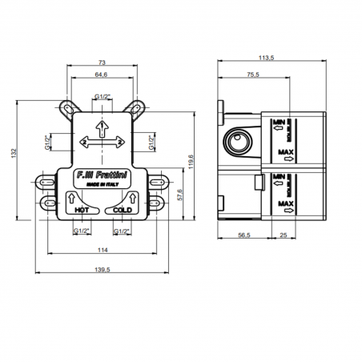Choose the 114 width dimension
click(103, 251)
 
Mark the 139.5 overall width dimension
click(103, 269)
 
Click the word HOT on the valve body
click(80, 211)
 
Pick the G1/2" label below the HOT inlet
click(81, 231)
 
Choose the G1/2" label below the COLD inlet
click(122, 231)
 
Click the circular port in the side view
click(238, 144)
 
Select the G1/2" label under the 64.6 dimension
click(102, 96)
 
